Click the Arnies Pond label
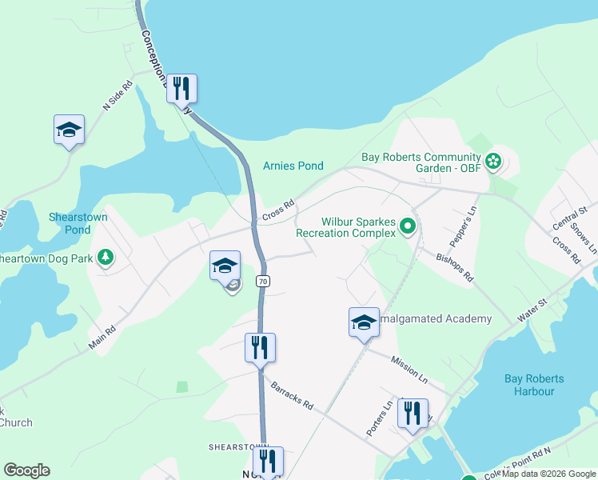(293, 166)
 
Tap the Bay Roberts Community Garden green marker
(493, 162)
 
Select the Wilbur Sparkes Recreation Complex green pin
(408, 227)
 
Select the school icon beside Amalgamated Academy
(364, 322)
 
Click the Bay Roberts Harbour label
(535, 385)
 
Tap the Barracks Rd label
(291, 395)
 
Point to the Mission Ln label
(409, 367)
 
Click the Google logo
(26, 470)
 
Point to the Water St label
(532, 310)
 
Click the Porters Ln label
(378, 418)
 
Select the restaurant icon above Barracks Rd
(260, 347)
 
